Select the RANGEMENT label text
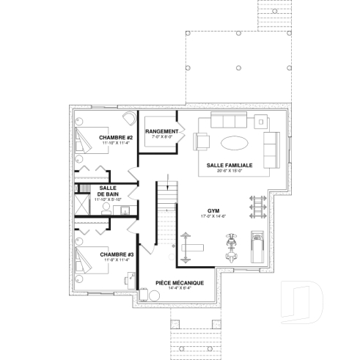161,131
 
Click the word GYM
213,210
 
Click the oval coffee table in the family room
235,142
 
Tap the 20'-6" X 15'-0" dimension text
229,172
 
